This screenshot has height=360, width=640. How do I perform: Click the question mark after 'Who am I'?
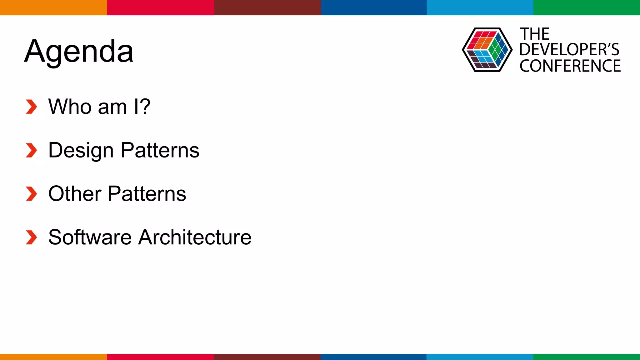point(144,107)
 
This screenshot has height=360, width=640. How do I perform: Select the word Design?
point(81,151)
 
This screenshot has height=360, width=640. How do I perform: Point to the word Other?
point(75,194)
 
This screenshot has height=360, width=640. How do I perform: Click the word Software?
point(90,237)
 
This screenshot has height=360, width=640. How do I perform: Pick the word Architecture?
point(195,237)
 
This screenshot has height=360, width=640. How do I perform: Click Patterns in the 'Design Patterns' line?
point(160,150)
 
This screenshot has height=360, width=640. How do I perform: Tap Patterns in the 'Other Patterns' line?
point(147,194)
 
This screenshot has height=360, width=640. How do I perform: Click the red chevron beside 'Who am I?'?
point(31,107)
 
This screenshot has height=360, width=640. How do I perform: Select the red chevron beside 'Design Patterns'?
point(31,150)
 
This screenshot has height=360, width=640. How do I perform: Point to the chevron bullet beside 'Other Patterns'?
point(31,194)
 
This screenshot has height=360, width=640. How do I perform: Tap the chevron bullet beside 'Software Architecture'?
point(31,237)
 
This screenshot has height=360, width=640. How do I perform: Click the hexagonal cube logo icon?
point(487,50)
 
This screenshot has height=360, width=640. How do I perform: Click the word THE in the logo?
point(534,34)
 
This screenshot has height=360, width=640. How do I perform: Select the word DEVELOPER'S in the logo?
point(569,50)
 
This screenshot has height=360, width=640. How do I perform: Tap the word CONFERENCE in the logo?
point(570,66)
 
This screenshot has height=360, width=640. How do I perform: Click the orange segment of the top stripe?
point(53,7)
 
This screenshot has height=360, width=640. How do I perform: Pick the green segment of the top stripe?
point(587,7)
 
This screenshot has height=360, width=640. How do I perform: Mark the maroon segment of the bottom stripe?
point(267,357)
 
